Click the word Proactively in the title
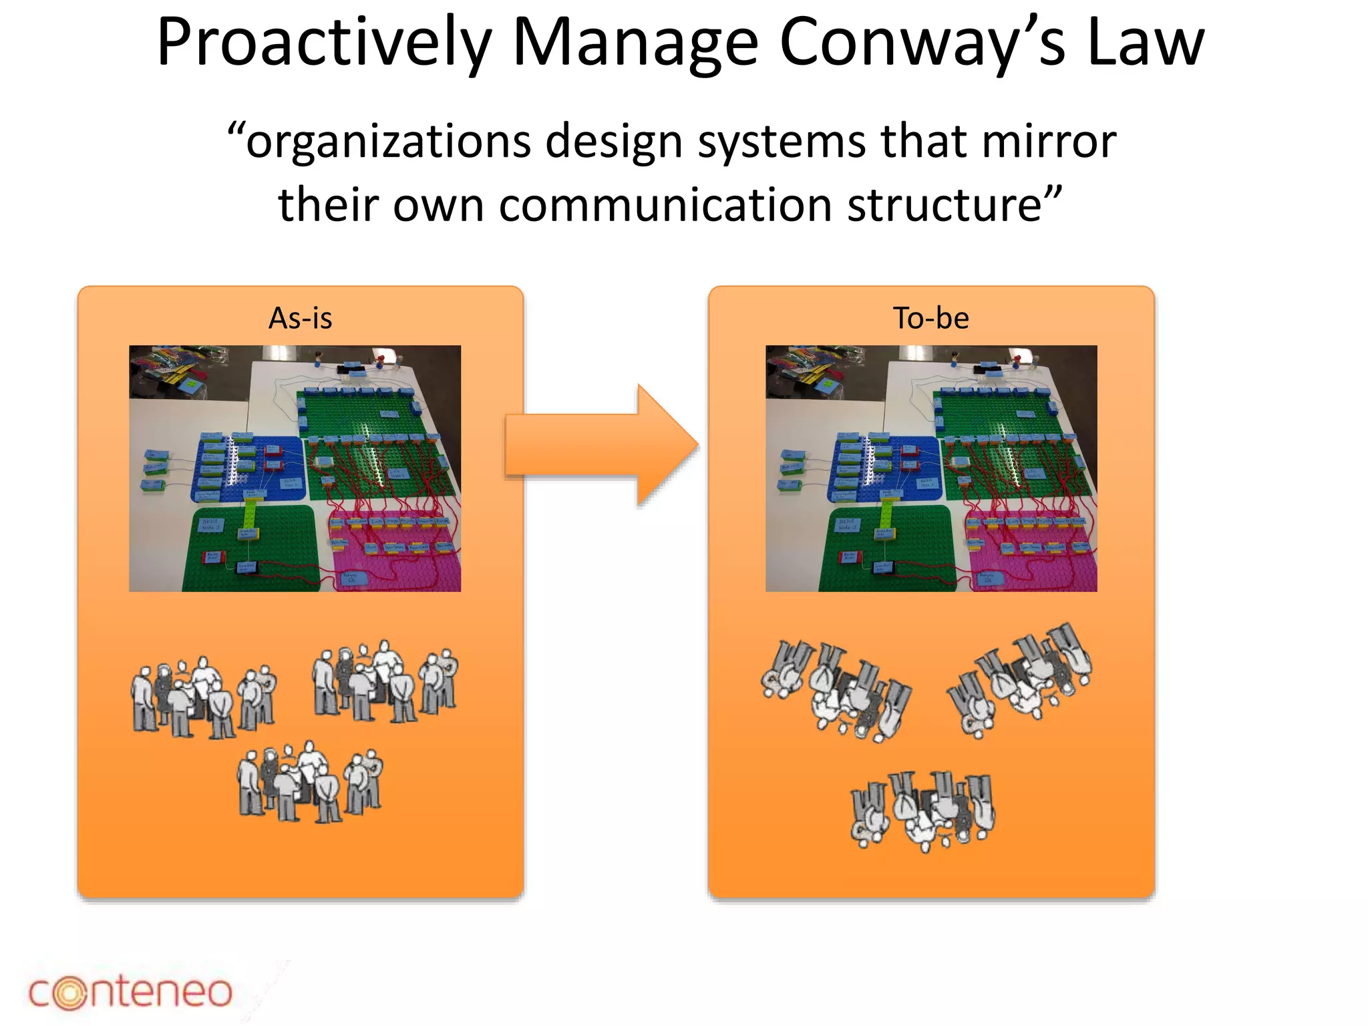323,44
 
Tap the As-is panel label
300,319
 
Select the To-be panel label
930,319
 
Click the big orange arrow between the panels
601,446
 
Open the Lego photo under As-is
295,468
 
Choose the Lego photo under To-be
930,468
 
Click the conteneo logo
130,991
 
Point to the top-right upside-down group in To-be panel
1020,678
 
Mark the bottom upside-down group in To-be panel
922,809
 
